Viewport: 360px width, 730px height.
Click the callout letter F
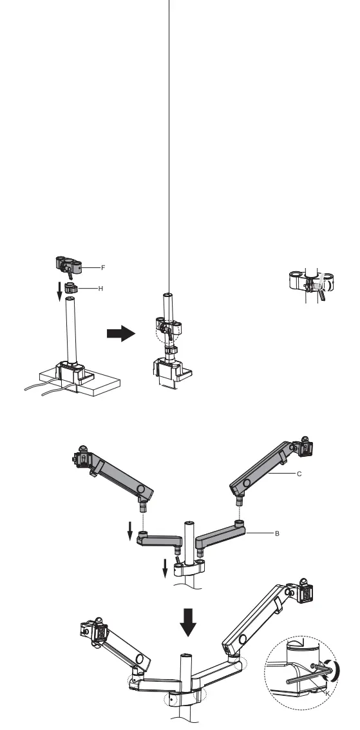coord(103,267)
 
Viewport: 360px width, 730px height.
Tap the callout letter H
coord(100,289)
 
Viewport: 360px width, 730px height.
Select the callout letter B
coord(277,534)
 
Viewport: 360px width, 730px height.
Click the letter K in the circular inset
coord(328,693)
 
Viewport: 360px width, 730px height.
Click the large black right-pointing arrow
coord(120,334)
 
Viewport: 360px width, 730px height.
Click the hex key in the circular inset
coord(303,677)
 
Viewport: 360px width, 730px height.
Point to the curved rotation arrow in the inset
coord(334,669)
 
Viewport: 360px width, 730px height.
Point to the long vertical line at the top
coord(169,129)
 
